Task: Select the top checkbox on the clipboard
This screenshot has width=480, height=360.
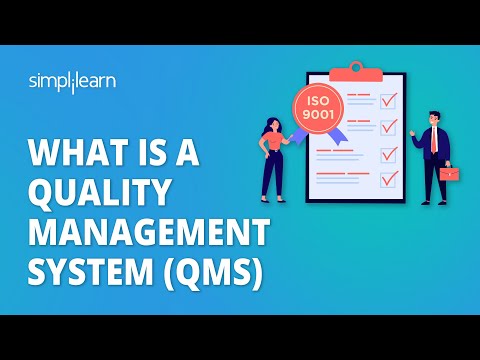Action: [x=389, y=100]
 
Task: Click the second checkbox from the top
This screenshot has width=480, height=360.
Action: [x=389, y=127]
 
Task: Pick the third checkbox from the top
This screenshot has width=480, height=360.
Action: [x=389, y=154]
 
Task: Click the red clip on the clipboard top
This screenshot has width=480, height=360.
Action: [x=356, y=70]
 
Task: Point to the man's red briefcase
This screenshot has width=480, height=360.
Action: [x=449, y=174]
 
